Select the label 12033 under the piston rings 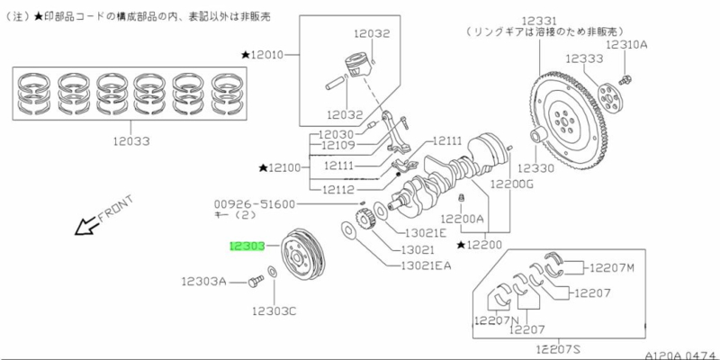pyautogui.click(x=131, y=141)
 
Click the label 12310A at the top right pyautogui.click(x=626, y=43)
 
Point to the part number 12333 pyautogui.click(x=583, y=58)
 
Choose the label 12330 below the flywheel pyautogui.click(x=541, y=167)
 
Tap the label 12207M pyautogui.click(x=612, y=267)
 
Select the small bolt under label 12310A pyautogui.click(x=626, y=58)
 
